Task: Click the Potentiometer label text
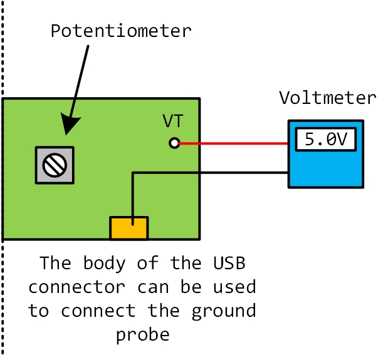click(x=121, y=31)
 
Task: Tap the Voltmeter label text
click(x=328, y=98)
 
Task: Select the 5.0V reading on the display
click(x=325, y=140)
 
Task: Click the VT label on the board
click(x=173, y=121)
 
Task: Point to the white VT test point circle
click(x=174, y=143)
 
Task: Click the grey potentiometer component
click(x=55, y=165)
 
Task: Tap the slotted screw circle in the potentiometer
click(x=55, y=165)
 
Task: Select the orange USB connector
click(x=129, y=228)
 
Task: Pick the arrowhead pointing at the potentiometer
click(x=70, y=125)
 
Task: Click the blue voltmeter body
click(x=325, y=169)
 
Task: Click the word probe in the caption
click(x=142, y=334)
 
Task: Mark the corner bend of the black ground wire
click(x=133, y=173)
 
